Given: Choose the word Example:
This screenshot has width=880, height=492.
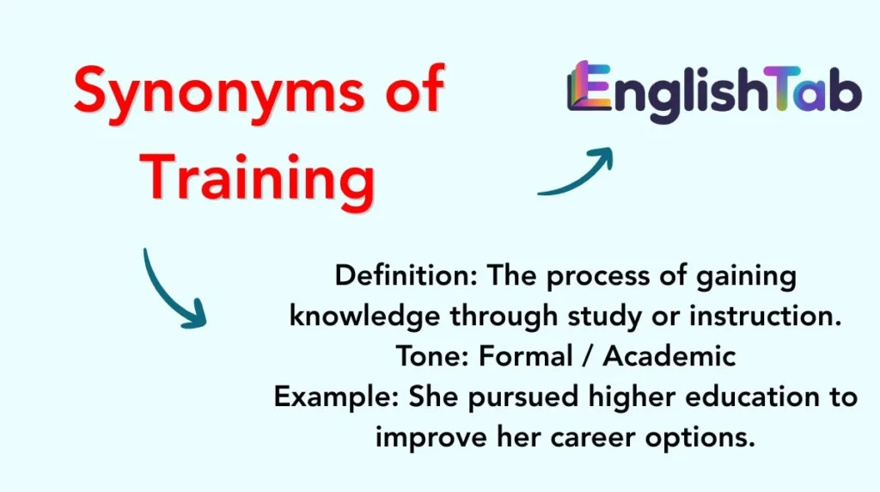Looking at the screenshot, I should pyautogui.click(x=337, y=397).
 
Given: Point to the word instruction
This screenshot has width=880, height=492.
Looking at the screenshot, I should pyautogui.click(x=765, y=317).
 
